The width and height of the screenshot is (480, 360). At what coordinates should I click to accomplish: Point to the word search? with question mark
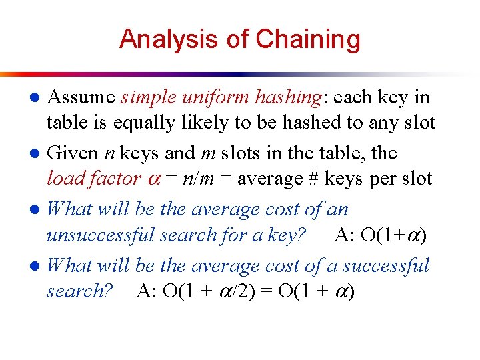79,291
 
